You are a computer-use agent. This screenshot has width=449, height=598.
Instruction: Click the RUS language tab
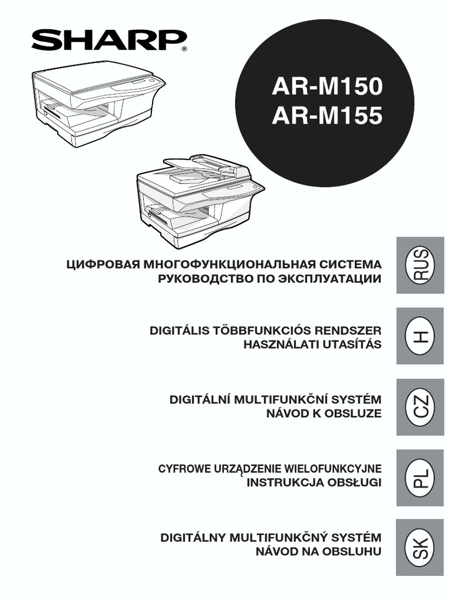click(420, 265)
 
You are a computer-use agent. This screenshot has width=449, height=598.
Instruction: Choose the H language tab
click(420, 336)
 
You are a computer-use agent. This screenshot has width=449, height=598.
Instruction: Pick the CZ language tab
click(420, 407)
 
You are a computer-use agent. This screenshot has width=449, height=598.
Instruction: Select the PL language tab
click(420, 478)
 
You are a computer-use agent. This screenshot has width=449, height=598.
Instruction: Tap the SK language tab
click(420, 548)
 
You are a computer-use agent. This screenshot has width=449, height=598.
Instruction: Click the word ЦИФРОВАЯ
click(102, 265)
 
